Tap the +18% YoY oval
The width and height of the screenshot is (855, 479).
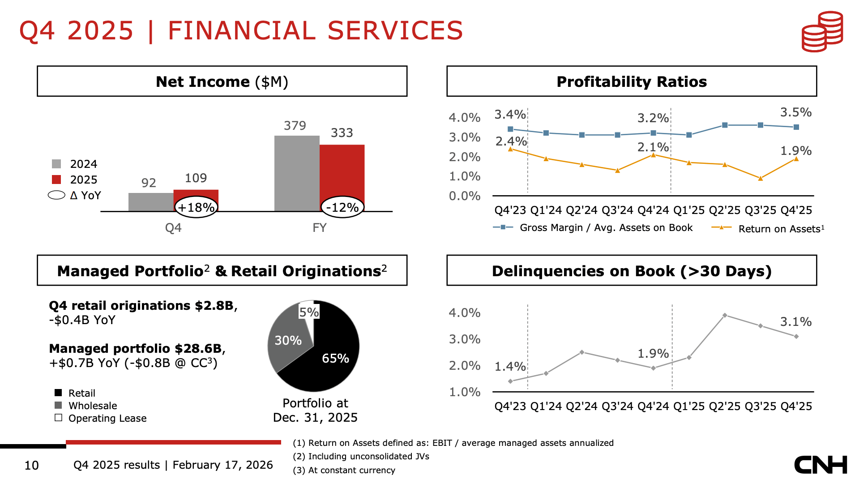196,207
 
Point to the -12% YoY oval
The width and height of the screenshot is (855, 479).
342,207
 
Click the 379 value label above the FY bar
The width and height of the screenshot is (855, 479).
295,126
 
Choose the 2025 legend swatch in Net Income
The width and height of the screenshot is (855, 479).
56,180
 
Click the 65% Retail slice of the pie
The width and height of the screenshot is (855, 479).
331,358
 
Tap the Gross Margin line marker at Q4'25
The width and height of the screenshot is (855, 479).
796,127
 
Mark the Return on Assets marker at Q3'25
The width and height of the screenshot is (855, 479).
760,178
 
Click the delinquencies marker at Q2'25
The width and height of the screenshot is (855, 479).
725,316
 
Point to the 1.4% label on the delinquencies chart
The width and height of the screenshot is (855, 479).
510,367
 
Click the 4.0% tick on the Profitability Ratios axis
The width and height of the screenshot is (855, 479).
465,118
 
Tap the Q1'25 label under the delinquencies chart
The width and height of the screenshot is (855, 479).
689,406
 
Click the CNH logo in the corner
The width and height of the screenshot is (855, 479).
821,465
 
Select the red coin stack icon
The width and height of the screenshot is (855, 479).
822,31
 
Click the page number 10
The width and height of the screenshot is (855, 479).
31,466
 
